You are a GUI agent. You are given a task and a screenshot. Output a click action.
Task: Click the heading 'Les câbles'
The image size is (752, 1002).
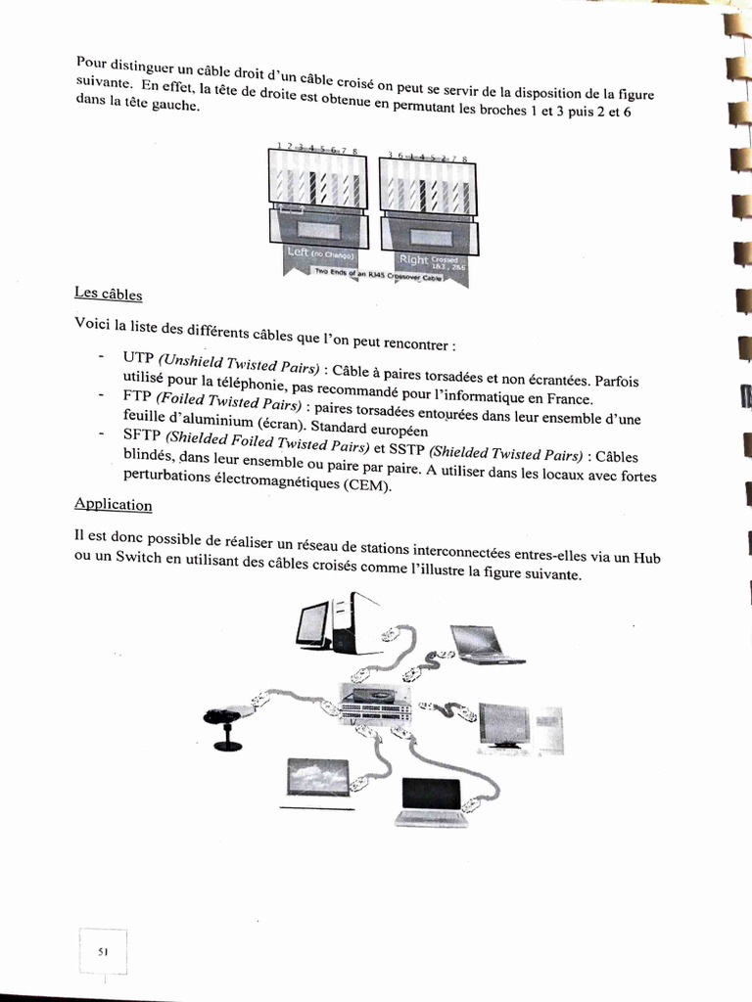point(108,293)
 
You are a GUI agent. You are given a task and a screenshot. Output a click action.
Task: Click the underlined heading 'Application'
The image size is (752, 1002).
point(114,504)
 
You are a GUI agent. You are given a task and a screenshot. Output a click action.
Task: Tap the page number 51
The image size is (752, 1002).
point(104,950)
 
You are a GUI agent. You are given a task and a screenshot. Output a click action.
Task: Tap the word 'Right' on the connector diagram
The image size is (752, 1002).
point(413,259)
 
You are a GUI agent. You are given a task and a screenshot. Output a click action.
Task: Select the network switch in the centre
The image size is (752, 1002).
point(377,702)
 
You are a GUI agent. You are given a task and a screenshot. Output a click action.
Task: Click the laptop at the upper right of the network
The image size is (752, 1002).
point(483,645)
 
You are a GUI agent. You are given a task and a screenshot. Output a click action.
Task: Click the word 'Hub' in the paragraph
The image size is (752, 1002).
point(646,557)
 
